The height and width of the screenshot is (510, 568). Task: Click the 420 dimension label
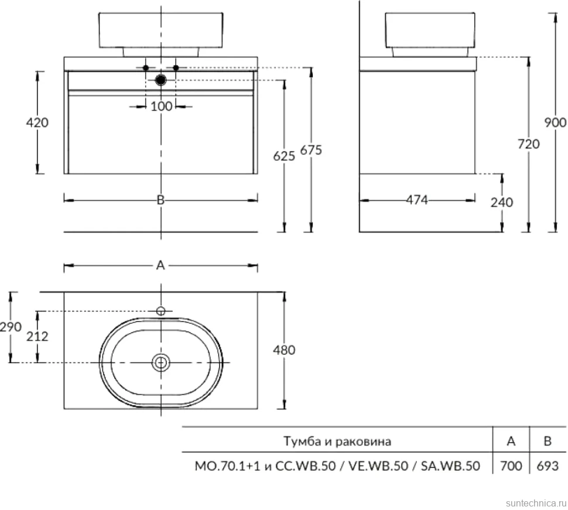(x=37, y=122)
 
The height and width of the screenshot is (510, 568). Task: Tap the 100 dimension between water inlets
(x=161, y=106)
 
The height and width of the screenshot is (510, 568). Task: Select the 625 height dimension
(x=284, y=156)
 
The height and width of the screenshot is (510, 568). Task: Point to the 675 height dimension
(x=311, y=149)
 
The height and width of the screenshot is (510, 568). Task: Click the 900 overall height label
(x=555, y=122)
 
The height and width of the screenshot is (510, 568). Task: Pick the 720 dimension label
(x=529, y=144)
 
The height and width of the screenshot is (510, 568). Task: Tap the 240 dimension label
(x=502, y=202)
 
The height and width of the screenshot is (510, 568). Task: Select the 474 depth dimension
(x=417, y=200)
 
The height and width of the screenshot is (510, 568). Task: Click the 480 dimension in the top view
(x=284, y=350)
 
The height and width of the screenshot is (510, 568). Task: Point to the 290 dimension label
(x=11, y=327)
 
